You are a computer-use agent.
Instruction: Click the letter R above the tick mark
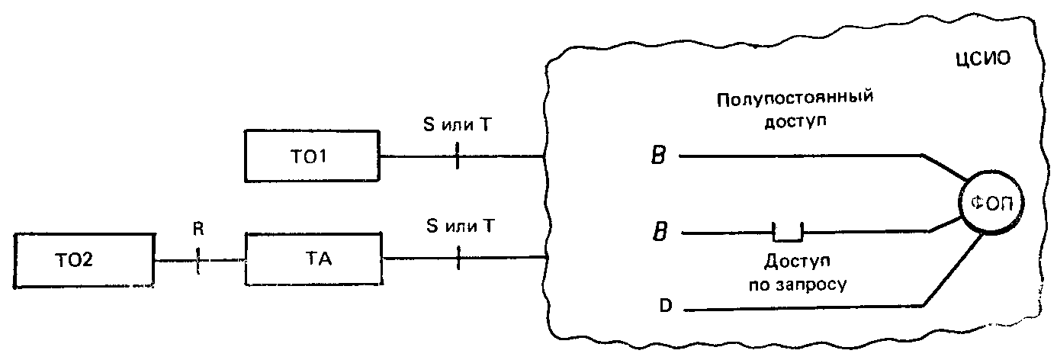pyautogui.click(x=198, y=230)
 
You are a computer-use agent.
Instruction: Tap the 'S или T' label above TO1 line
pyautogui.click(x=458, y=124)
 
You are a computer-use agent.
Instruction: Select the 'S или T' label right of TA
pyautogui.click(x=460, y=226)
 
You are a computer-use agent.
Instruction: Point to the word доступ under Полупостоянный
pyautogui.click(x=795, y=122)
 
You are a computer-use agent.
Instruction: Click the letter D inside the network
pyautogui.click(x=665, y=306)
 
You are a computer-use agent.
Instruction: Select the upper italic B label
pyautogui.click(x=659, y=156)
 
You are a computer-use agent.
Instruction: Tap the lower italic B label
pyautogui.click(x=660, y=232)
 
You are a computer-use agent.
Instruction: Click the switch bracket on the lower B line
pyautogui.click(x=788, y=239)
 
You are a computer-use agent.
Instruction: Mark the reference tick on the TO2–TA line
pyautogui.click(x=198, y=260)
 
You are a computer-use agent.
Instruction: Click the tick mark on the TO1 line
pyautogui.click(x=457, y=156)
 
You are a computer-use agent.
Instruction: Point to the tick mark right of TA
pyautogui.click(x=458, y=258)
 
